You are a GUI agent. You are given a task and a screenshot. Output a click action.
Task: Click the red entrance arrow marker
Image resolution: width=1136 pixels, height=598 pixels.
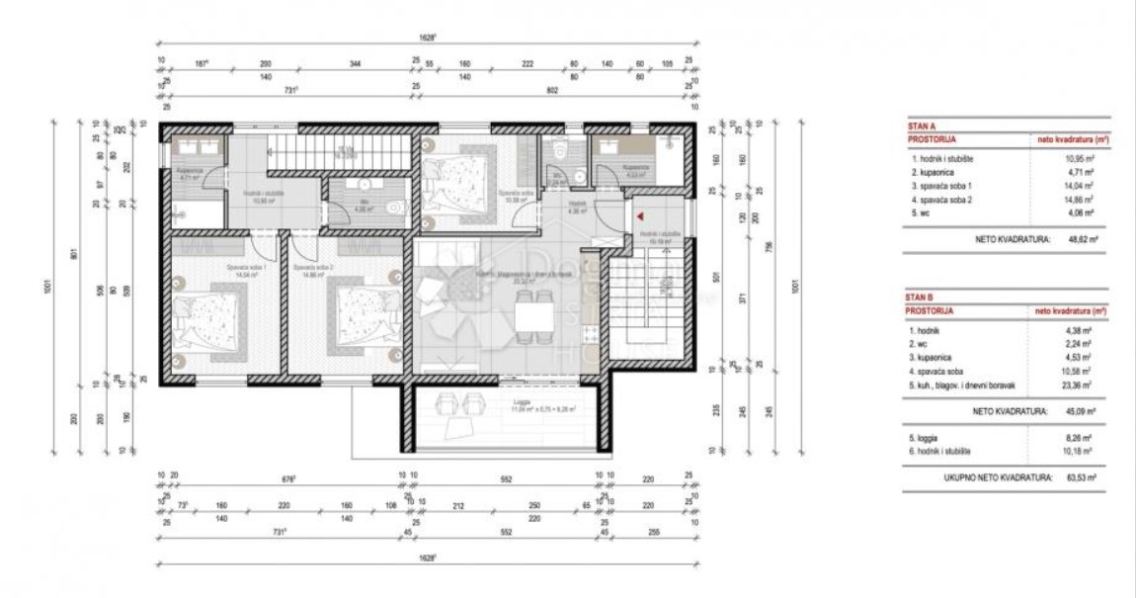point(639,214)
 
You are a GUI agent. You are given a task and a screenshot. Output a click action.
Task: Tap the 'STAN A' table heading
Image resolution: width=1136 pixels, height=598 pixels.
point(922,127)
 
